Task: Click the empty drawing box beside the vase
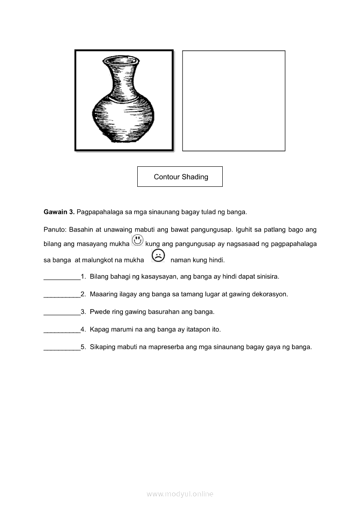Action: point(234,101)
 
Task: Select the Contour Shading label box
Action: point(180,177)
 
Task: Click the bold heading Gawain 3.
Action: point(59,212)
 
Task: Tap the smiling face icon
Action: point(137,240)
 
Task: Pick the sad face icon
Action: point(158,256)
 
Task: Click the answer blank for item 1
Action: point(62,277)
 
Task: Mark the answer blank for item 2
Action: point(62,295)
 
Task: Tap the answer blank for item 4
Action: point(62,330)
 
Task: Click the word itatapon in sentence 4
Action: point(200,330)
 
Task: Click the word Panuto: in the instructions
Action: point(55,229)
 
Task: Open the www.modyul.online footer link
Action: point(180,494)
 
